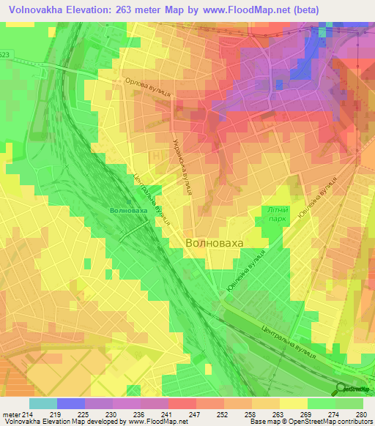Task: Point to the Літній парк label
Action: click(x=278, y=214)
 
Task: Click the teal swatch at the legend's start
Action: click(x=42, y=403)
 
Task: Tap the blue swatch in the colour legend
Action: click(x=71, y=403)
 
